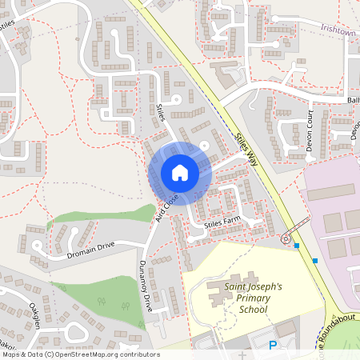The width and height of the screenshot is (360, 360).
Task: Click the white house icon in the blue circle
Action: coord(179,173)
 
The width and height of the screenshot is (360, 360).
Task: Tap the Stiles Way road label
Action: coord(246,149)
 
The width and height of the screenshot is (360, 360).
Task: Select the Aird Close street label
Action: coord(166,206)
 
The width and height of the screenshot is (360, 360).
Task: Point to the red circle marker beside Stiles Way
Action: coord(285,238)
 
